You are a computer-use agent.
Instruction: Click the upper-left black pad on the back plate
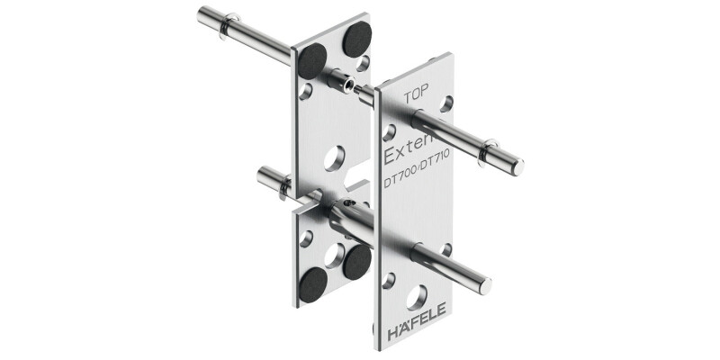312,60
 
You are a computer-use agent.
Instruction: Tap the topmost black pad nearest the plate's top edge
355,38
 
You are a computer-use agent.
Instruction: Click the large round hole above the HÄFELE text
417,296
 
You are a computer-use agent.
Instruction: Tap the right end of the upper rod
517,166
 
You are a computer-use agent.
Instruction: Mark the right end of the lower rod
486,285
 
